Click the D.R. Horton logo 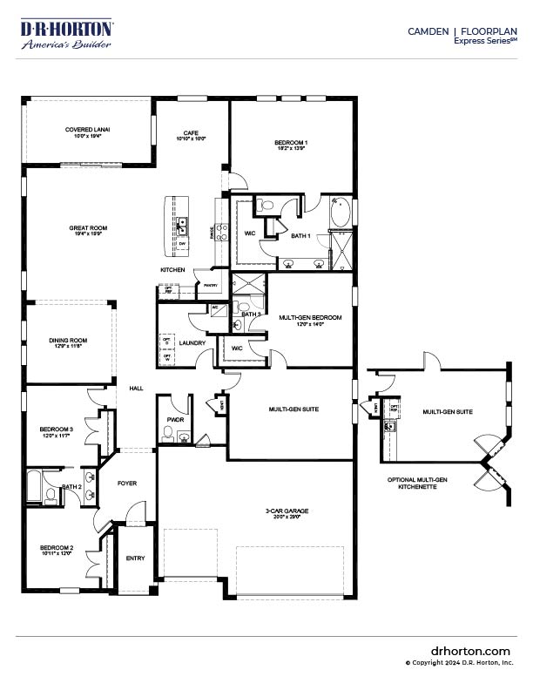[66, 34]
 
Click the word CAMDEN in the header [428, 30]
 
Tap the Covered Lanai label [87, 130]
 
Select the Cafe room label [191, 133]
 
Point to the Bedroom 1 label [291, 143]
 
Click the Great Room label [86, 228]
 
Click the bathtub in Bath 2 [34, 487]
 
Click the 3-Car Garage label [287, 511]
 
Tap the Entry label [136, 558]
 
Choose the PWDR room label [174, 419]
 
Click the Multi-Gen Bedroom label [310, 318]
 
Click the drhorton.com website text [470, 651]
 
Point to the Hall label [136, 389]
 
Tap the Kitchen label [172, 270]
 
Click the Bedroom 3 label [56, 429]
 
